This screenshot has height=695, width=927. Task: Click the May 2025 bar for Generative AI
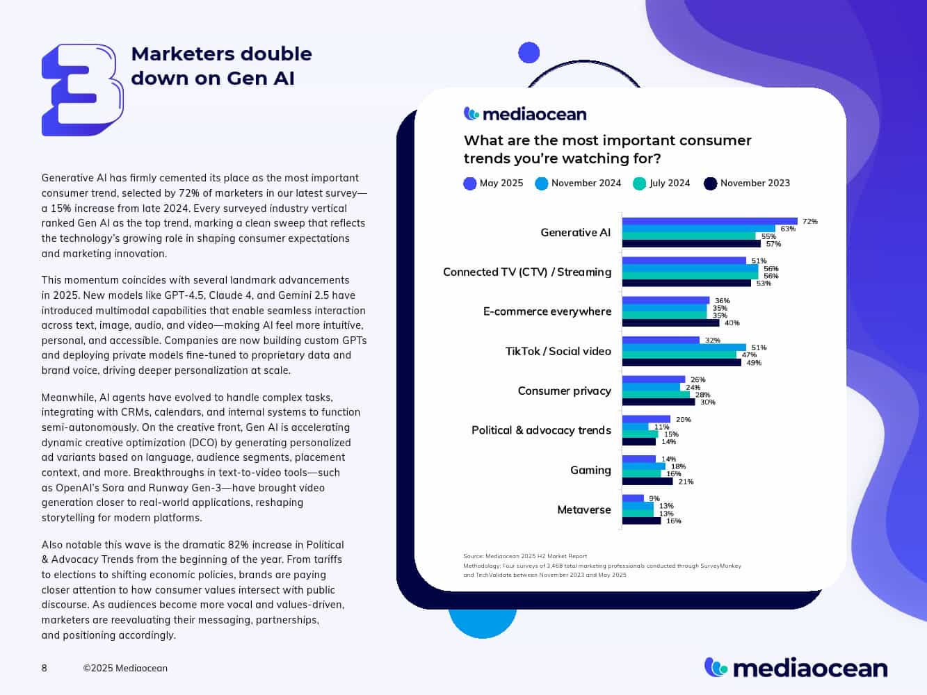[x=709, y=222]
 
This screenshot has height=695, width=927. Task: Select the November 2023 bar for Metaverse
[x=641, y=521]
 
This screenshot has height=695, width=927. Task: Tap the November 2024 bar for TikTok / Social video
[x=684, y=347]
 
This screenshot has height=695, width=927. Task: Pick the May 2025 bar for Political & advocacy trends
[x=646, y=419]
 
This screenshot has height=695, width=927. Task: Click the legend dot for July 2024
[x=640, y=183]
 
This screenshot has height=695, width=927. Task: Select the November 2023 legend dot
[x=710, y=183]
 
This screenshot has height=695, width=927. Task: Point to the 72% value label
[x=810, y=222]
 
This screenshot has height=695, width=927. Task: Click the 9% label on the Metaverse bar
[x=654, y=498]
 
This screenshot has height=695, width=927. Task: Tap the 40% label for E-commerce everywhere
[x=732, y=323]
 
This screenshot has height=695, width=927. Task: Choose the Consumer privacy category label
[x=564, y=391]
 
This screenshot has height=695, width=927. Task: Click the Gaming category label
[x=590, y=470]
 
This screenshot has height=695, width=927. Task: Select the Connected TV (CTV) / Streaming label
[x=527, y=272]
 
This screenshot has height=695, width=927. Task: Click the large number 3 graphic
[x=82, y=90]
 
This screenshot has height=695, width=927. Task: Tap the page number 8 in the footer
[x=45, y=668]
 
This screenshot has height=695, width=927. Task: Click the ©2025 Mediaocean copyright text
[x=125, y=668]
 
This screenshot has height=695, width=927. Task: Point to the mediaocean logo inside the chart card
[x=525, y=114]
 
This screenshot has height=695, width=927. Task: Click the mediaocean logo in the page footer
[x=796, y=668]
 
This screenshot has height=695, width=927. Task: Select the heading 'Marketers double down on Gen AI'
[x=221, y=66]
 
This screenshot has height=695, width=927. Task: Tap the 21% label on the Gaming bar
[x=686, y=482]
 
